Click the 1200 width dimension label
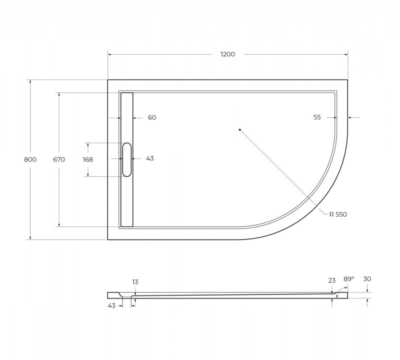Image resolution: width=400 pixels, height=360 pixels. (227, 54)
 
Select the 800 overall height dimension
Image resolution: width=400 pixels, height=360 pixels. (30, 159)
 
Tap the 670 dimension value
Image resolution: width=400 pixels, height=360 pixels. (59, 159)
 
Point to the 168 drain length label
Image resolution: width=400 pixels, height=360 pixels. (88, 159)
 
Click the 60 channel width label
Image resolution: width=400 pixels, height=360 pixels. (152, 117)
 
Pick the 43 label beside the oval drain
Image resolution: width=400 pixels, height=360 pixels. (149, 158)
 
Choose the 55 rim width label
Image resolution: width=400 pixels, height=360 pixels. (317, 117)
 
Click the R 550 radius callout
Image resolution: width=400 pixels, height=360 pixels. (337, 214)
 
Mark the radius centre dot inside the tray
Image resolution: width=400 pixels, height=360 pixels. (240, 129)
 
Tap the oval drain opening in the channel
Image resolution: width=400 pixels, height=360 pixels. (127, 159)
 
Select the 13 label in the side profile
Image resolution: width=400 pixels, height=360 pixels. (135, 282)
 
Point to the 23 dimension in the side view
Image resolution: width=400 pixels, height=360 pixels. (332, 280)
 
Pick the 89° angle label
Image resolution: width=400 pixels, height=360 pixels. (348, 279)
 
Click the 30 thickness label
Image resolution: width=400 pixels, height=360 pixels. (368, 279)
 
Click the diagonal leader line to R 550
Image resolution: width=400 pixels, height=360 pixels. (285, 172)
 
